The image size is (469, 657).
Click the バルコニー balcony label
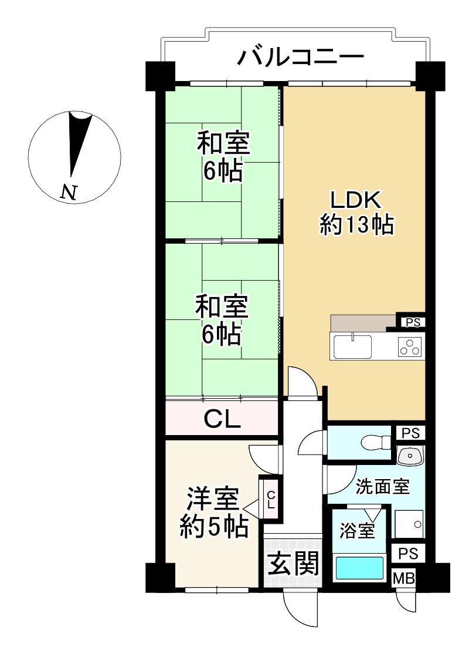(x=301, y=58)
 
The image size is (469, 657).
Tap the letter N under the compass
(x=70, y=192)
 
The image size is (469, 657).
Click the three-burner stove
(x=410, y=348)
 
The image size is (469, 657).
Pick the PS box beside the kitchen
(x=412, y=322)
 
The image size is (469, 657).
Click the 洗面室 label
(x=382, y=486)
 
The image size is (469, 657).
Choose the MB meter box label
(x=403, y=578)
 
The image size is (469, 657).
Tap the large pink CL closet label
(x=222, y=419)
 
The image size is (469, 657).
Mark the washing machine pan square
(x=409, y=524)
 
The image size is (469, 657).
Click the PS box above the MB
(x=408, y=553)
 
